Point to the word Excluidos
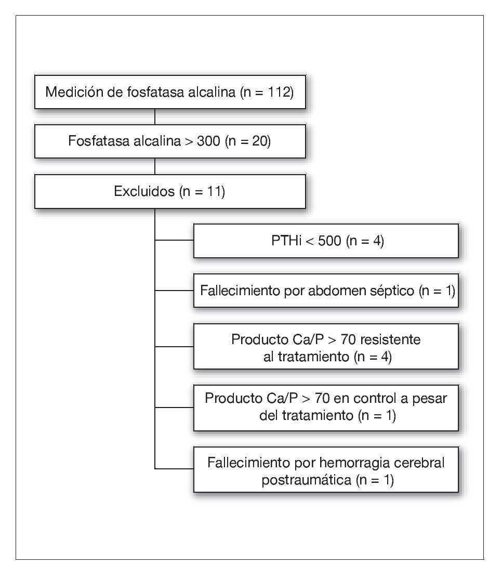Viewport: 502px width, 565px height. pos(144,191)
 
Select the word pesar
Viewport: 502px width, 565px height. pos(431,399)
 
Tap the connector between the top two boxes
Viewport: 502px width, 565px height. pos(155,117)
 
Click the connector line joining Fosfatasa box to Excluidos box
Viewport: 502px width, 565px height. pos(155,166)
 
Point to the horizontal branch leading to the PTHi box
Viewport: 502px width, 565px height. pos(174,241)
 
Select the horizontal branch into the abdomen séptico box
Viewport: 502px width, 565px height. pos(174,291)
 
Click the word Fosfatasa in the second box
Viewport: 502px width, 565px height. pos(94,141)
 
